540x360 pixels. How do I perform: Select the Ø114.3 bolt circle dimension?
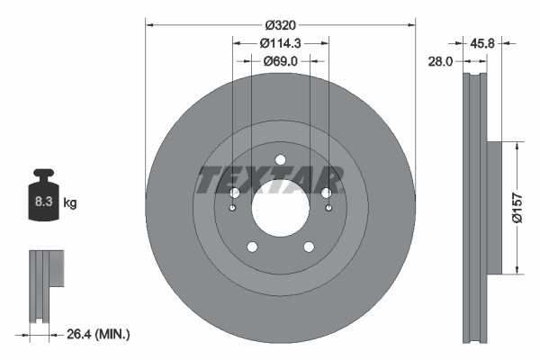pos(280,43)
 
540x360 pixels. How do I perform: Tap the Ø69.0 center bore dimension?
pos(280,61)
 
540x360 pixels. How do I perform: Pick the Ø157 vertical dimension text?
pos(517,207)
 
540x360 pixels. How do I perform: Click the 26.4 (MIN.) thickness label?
pos(100,335)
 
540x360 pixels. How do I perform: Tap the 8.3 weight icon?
pos(42,201)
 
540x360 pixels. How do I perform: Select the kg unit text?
pos(69,203)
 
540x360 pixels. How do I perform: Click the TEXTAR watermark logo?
pos(270,180)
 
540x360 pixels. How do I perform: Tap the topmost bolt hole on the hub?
pos(280,160)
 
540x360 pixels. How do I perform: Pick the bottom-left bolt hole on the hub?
pos(252,247)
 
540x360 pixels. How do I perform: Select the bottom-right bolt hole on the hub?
pos(308,247)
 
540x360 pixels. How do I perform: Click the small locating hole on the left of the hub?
pos(233,210)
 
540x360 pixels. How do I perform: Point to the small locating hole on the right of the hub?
pos(328,210)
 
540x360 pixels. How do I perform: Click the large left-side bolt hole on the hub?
pos(235,193)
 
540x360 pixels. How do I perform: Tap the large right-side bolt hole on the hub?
pos(326,193)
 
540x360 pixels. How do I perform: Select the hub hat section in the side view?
pos(492,207)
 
